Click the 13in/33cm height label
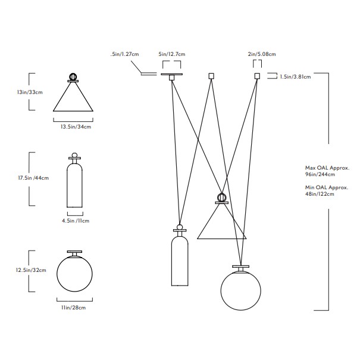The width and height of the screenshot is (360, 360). coord(30,93)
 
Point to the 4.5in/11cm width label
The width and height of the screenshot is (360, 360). coord(76,221)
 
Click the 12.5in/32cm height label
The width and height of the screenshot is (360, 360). coord(31,270)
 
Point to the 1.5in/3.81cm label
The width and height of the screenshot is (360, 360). coord(295,76)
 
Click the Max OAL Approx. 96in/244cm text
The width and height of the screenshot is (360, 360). coord(316,171)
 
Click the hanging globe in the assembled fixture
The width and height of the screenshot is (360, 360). coord(240,290)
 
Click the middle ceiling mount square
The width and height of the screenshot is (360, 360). coord(211,76)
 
